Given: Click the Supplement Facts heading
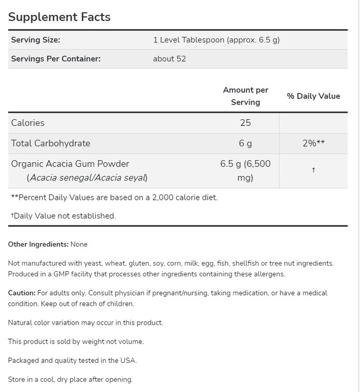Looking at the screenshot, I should tap(59, 17).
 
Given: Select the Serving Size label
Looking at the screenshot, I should tap(35, 40).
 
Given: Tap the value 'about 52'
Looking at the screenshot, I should tap(169, 59).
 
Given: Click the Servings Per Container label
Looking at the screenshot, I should tap(56, 59).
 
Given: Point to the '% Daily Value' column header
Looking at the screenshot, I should tap(313, 96).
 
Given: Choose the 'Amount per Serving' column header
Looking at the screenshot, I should tap(245, 96).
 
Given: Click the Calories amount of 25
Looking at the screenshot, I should tap(245, 123).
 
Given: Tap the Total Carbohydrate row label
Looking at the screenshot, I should tap(50, 143).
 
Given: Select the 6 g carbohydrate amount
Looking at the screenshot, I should tap(245, 143).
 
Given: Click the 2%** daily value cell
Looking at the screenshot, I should tap(313, 143).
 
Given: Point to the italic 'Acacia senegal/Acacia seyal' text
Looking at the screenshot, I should tap(87, 178).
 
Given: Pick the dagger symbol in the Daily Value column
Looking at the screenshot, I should tap(313, 170).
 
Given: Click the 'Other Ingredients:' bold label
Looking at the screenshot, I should tap(38, 245).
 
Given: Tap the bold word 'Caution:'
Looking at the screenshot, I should tap(22, 293).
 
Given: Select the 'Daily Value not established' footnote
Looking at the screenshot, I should tap(63, 216).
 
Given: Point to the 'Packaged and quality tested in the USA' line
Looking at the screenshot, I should tap(73, 361).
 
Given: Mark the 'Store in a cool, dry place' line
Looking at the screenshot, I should tap(70, 380).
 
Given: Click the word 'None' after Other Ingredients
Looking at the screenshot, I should tap(79, 245).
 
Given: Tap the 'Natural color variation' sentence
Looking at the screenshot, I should tap(85, 323).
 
